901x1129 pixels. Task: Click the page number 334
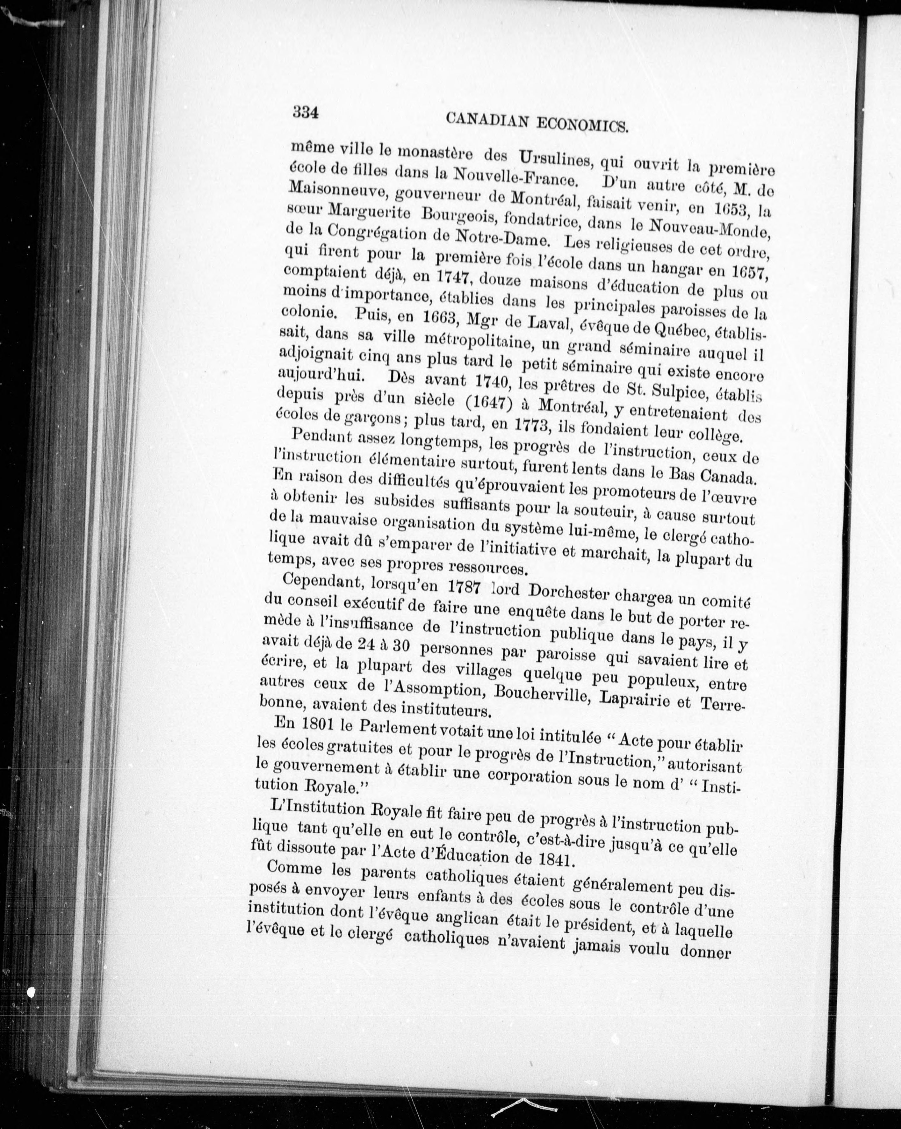[x=306, y=112]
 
